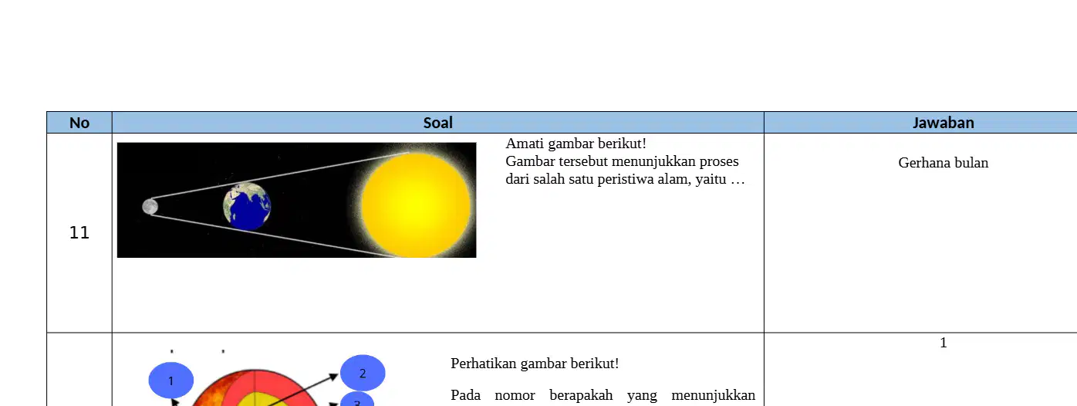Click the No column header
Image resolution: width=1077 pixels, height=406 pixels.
click(x=79, y=123)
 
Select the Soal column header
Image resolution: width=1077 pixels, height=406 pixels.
click(x=437, y=123)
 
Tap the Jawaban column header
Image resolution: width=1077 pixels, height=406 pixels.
click(x=944, y=123)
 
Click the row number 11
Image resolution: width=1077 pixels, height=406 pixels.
click(x=79, y=233)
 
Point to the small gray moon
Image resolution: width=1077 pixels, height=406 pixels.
click(x=150, y=207)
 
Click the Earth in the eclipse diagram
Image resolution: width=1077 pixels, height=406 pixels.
click(x=247, y=206)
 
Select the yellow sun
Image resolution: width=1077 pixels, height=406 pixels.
click(x=417, y=205)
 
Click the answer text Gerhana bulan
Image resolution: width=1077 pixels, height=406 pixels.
click(x=944, y=163)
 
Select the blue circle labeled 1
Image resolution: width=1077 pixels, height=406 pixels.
click(x=171, y=381)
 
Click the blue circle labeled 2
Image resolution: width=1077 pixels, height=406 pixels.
click(x=363, y=373)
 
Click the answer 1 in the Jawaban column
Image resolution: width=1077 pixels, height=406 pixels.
click(x=944, y=343)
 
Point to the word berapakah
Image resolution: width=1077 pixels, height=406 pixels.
click(x=581, y=395)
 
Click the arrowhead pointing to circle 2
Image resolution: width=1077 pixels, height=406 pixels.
click(x=333, y=377)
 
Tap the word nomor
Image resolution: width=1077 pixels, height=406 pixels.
click(x=515, y=396)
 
